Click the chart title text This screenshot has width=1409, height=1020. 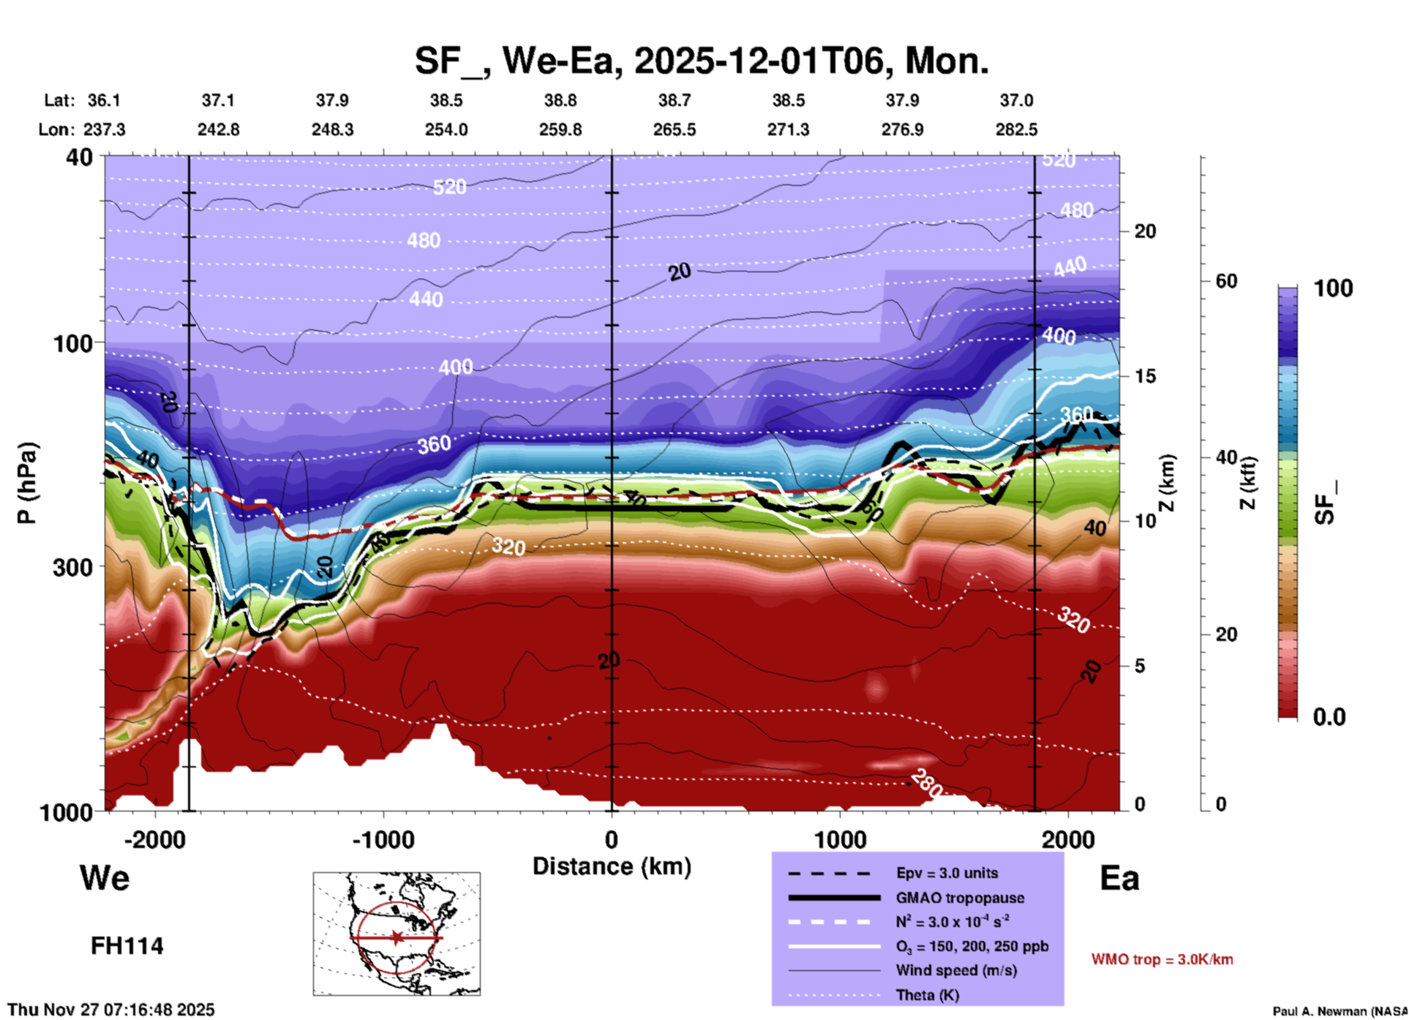[701, 61]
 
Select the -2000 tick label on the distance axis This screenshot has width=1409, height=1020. [155, 839]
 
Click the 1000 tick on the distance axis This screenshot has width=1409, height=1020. [840, 839]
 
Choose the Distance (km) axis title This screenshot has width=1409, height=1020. [612, 866]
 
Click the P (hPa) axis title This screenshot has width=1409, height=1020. [27, 483]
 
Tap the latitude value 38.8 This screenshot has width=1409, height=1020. [560, 100]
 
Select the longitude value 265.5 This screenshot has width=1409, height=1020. [675, 130]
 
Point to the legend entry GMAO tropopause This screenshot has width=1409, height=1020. [960, 898]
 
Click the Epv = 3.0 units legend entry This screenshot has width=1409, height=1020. [947, 873]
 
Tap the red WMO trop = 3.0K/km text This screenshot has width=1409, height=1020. [1162, 959]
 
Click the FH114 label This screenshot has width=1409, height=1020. [127, 946]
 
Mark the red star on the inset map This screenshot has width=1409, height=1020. [397, 937]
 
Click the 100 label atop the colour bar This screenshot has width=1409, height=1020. [1333, 288]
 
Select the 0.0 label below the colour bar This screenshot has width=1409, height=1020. [1329, 717]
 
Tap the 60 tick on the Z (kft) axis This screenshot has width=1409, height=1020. [1226, 281]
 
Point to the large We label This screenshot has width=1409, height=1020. [105, 878]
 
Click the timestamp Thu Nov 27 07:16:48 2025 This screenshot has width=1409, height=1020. [111, 1010]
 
